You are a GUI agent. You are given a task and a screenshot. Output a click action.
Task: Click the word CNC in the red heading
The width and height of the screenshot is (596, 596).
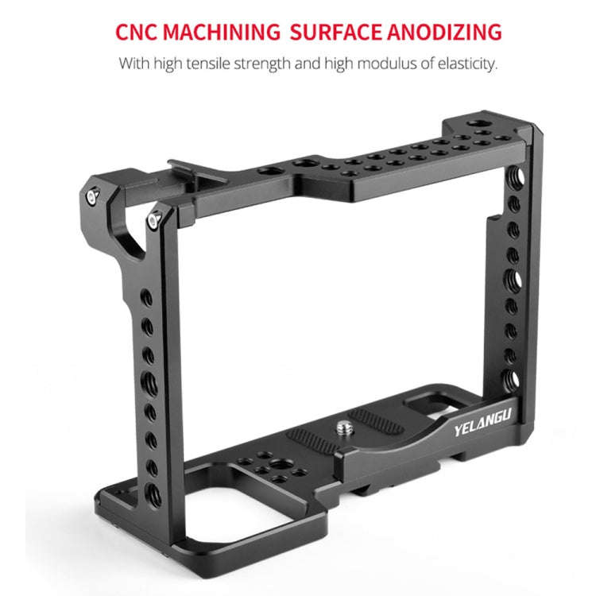[141, 33]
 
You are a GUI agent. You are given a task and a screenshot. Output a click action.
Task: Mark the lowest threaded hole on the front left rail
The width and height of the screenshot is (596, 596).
[153, 497]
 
